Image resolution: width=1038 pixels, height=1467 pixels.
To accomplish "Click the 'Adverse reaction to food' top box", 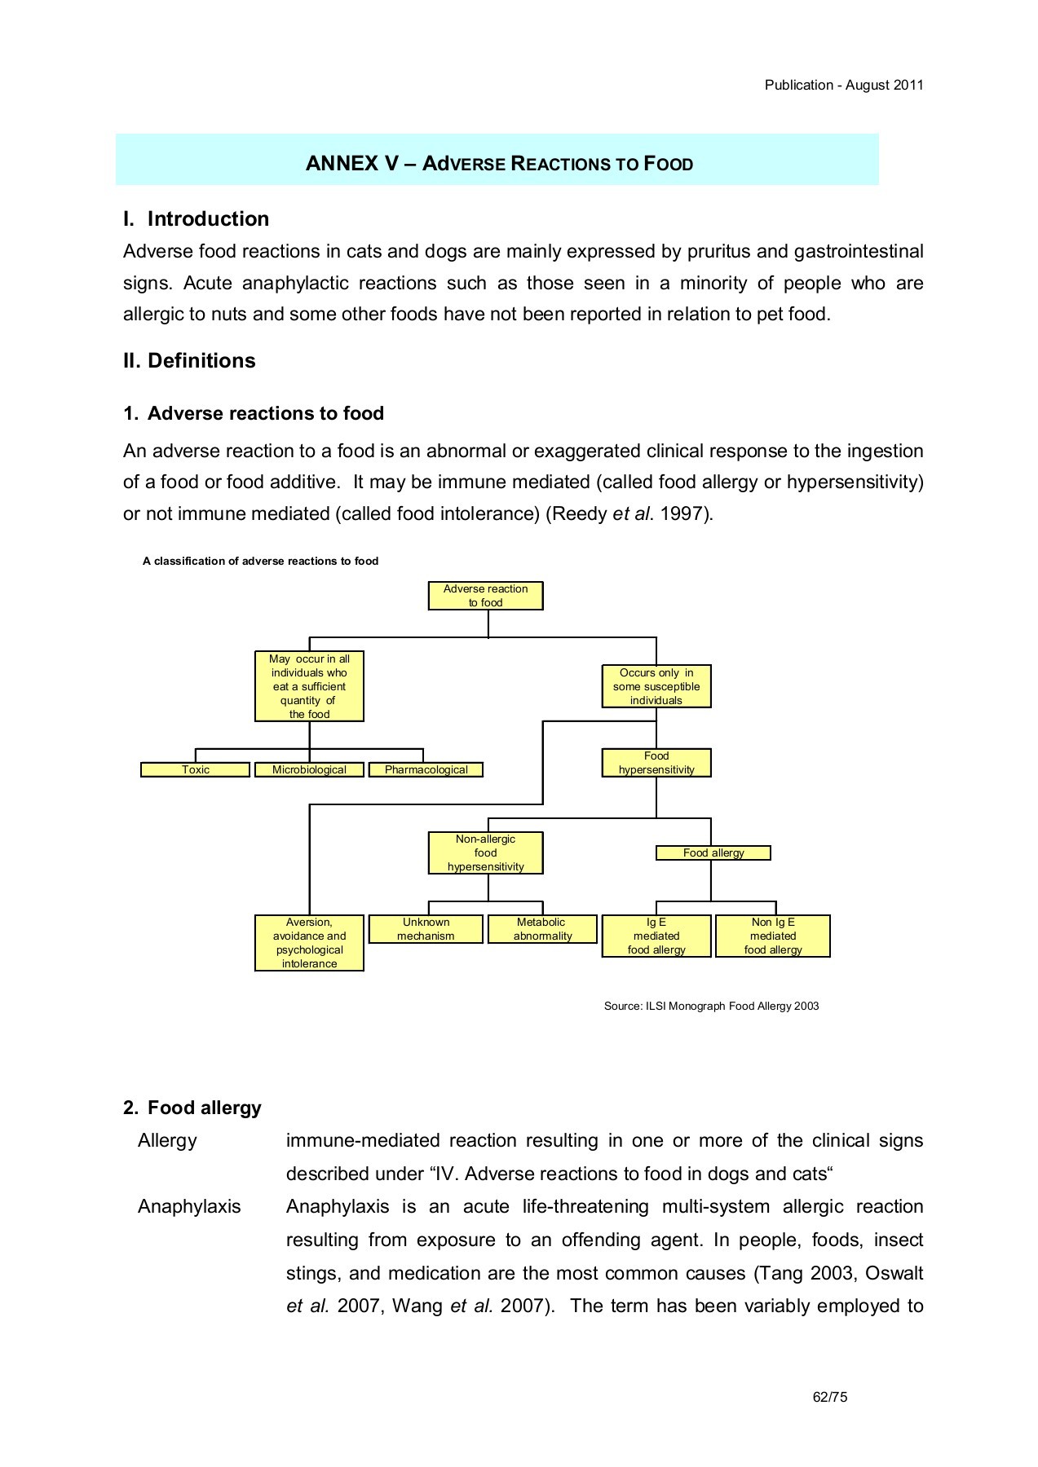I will [485, 596].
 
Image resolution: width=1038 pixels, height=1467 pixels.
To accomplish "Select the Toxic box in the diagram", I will [195, 769].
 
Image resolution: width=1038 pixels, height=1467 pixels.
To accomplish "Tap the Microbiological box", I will [309, 769].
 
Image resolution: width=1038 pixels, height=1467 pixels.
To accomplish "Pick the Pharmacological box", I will [426, 769].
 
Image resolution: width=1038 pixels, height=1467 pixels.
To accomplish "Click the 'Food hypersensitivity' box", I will [656, 763].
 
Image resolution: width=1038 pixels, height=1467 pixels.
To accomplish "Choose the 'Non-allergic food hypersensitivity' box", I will [485, 852].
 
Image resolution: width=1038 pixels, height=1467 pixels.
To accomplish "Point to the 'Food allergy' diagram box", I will [713, 852].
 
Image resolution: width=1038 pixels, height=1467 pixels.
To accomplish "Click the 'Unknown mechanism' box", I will [426, 929].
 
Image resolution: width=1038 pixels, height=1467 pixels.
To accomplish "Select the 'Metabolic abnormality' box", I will [541, 929].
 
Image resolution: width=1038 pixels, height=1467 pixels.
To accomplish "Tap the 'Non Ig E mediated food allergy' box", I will [772, 936].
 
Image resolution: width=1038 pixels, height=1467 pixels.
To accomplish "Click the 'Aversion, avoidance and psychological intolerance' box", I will [309, 943].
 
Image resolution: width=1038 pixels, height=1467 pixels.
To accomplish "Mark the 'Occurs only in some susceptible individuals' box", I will [656, 686].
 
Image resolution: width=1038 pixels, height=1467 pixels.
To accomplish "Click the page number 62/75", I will [830, 1397].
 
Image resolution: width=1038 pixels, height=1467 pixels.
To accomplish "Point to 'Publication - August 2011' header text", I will [843, 85].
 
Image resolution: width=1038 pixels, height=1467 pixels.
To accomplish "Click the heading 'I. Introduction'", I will [196, 218].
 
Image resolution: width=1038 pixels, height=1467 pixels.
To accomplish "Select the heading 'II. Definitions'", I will [189, 360].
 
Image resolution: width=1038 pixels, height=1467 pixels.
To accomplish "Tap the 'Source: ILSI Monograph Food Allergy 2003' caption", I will [711, 1006].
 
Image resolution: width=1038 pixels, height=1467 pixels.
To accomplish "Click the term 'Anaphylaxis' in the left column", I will [189, 1206].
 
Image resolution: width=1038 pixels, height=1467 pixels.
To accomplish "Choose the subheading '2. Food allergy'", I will [192, 1108].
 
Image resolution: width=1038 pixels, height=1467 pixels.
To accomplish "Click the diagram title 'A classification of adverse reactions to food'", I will [260, 561].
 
